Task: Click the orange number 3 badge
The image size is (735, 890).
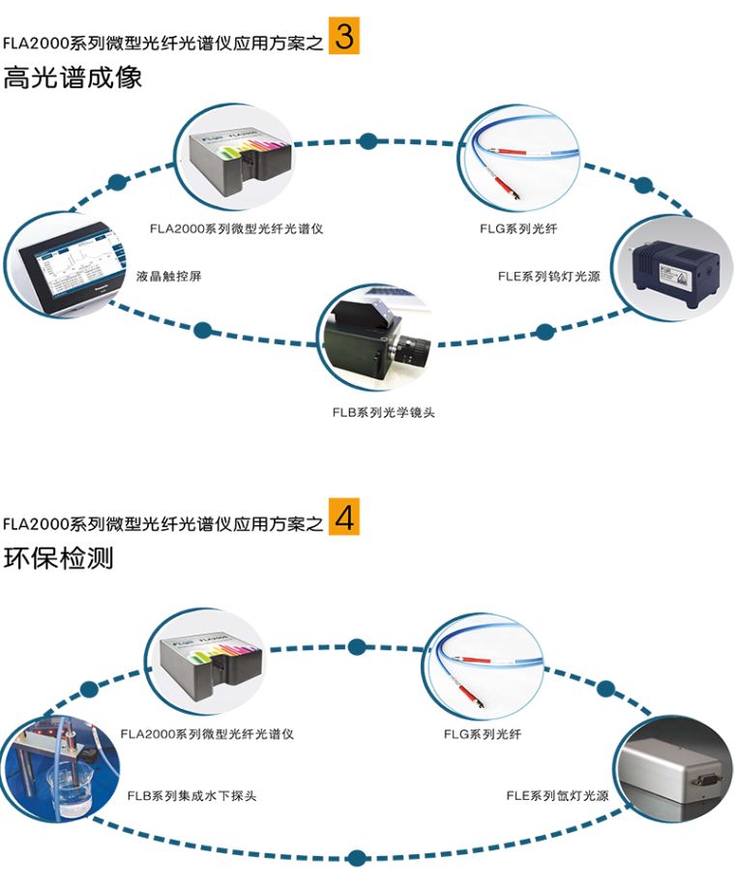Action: [x=343, y=36]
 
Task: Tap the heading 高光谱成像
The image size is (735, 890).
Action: [x=73, y=77]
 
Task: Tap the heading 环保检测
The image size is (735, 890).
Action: [x=58, y=558]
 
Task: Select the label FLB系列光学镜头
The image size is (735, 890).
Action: [x=384, y=412]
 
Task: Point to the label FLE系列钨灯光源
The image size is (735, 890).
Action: [x=549, y=276]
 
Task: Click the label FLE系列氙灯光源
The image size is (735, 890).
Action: [x=558, y=796]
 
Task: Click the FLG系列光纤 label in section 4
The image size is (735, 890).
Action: [x=483, y=734]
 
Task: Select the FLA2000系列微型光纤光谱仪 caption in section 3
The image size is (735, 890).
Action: [x=236, y=229]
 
